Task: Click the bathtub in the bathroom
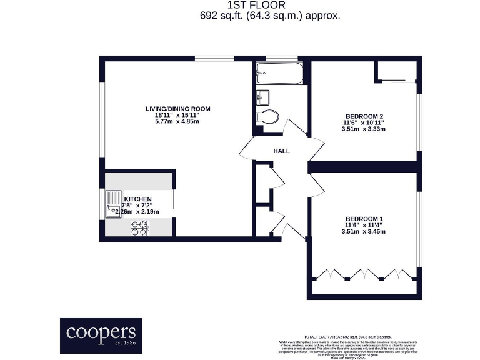pyautogui.click(x=277, y=74)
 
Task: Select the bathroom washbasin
pyautogui.click(x=262, y=97)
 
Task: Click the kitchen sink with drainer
pyautogui.click(x=113, y=204)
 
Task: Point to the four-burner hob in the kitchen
pyautogui.click(x=139, y=229)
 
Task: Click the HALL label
pyautogui.click(x=281, y=151)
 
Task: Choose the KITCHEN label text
pyautogui.click(x=137, y=199)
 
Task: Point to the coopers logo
pyautogui.click(x=101, y=336)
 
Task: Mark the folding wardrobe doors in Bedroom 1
pyautogui.click(x=363, y=274)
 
